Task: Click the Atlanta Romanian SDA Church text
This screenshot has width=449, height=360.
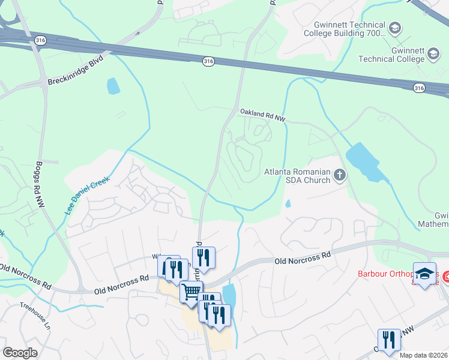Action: point(298,176)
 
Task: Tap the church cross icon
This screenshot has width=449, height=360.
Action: point(340,176)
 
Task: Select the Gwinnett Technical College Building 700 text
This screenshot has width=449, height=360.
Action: point(349,29)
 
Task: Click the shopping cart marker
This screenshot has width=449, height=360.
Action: point(191,292)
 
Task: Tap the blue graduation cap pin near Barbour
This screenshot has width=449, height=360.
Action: point(425,273)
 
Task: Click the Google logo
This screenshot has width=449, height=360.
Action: point(20,353)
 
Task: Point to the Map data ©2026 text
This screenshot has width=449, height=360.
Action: point(423,355)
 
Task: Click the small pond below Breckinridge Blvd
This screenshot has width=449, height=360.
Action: point(113,86)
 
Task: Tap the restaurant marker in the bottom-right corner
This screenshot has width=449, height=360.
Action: point(388,340)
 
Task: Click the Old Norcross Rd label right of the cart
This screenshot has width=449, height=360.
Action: point(303,259)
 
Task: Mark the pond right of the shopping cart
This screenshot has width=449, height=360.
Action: point(229,295)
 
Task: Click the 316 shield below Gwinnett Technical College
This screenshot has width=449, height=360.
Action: point(419,88)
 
